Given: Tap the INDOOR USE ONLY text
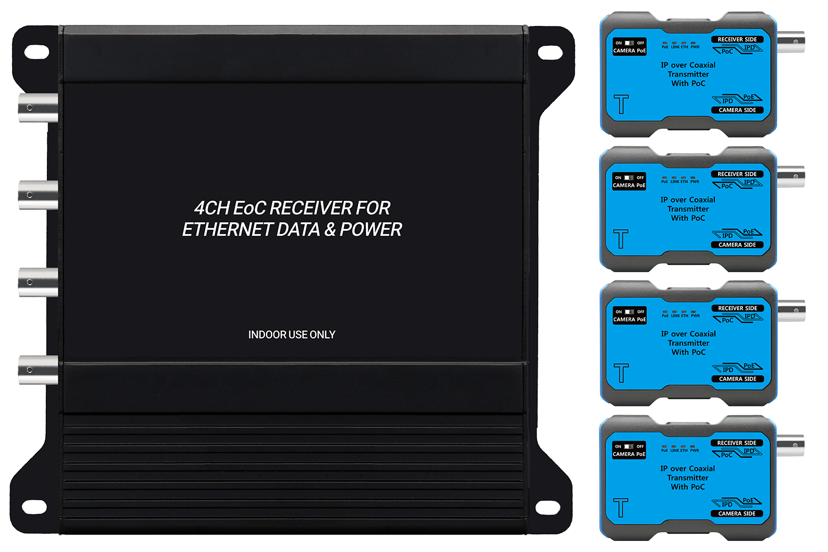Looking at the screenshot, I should [291, 335].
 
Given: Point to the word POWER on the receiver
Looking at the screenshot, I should [371, 230].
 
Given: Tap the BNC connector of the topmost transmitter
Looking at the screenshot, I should [791, 40].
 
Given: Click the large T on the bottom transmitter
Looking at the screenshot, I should [621, 508].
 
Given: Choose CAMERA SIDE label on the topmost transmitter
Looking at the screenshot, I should [737, 110].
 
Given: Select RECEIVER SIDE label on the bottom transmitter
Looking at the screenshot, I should [737, 443].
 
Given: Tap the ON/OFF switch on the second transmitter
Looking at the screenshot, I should [629, 178].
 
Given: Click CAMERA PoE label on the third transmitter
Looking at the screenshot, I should [629, 320].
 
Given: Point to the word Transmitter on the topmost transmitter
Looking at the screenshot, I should [688, 75].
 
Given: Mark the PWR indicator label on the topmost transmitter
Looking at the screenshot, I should [695, 47].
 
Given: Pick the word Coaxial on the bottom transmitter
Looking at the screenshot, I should [702, 469].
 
